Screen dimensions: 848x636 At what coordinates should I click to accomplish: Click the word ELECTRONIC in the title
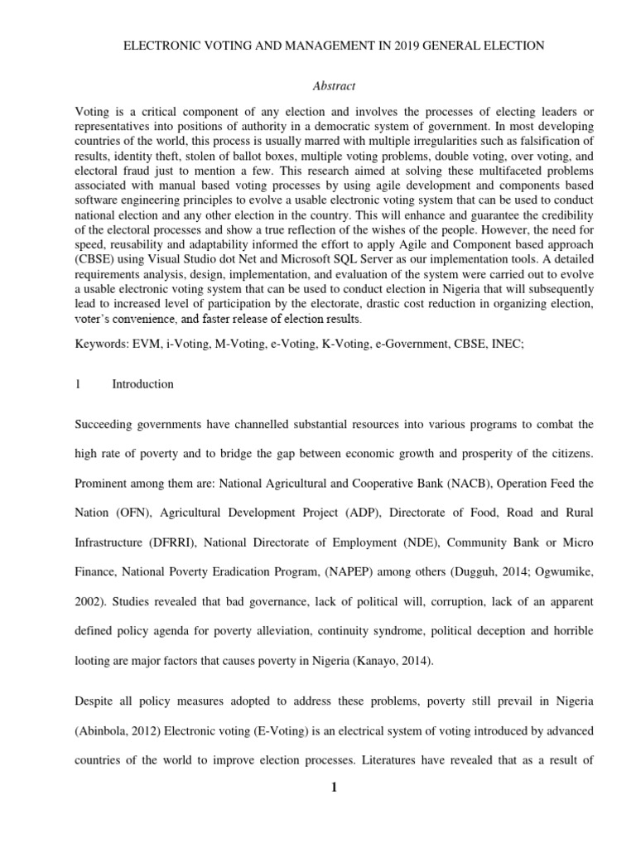160,46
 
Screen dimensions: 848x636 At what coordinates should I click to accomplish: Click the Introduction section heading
142,384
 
